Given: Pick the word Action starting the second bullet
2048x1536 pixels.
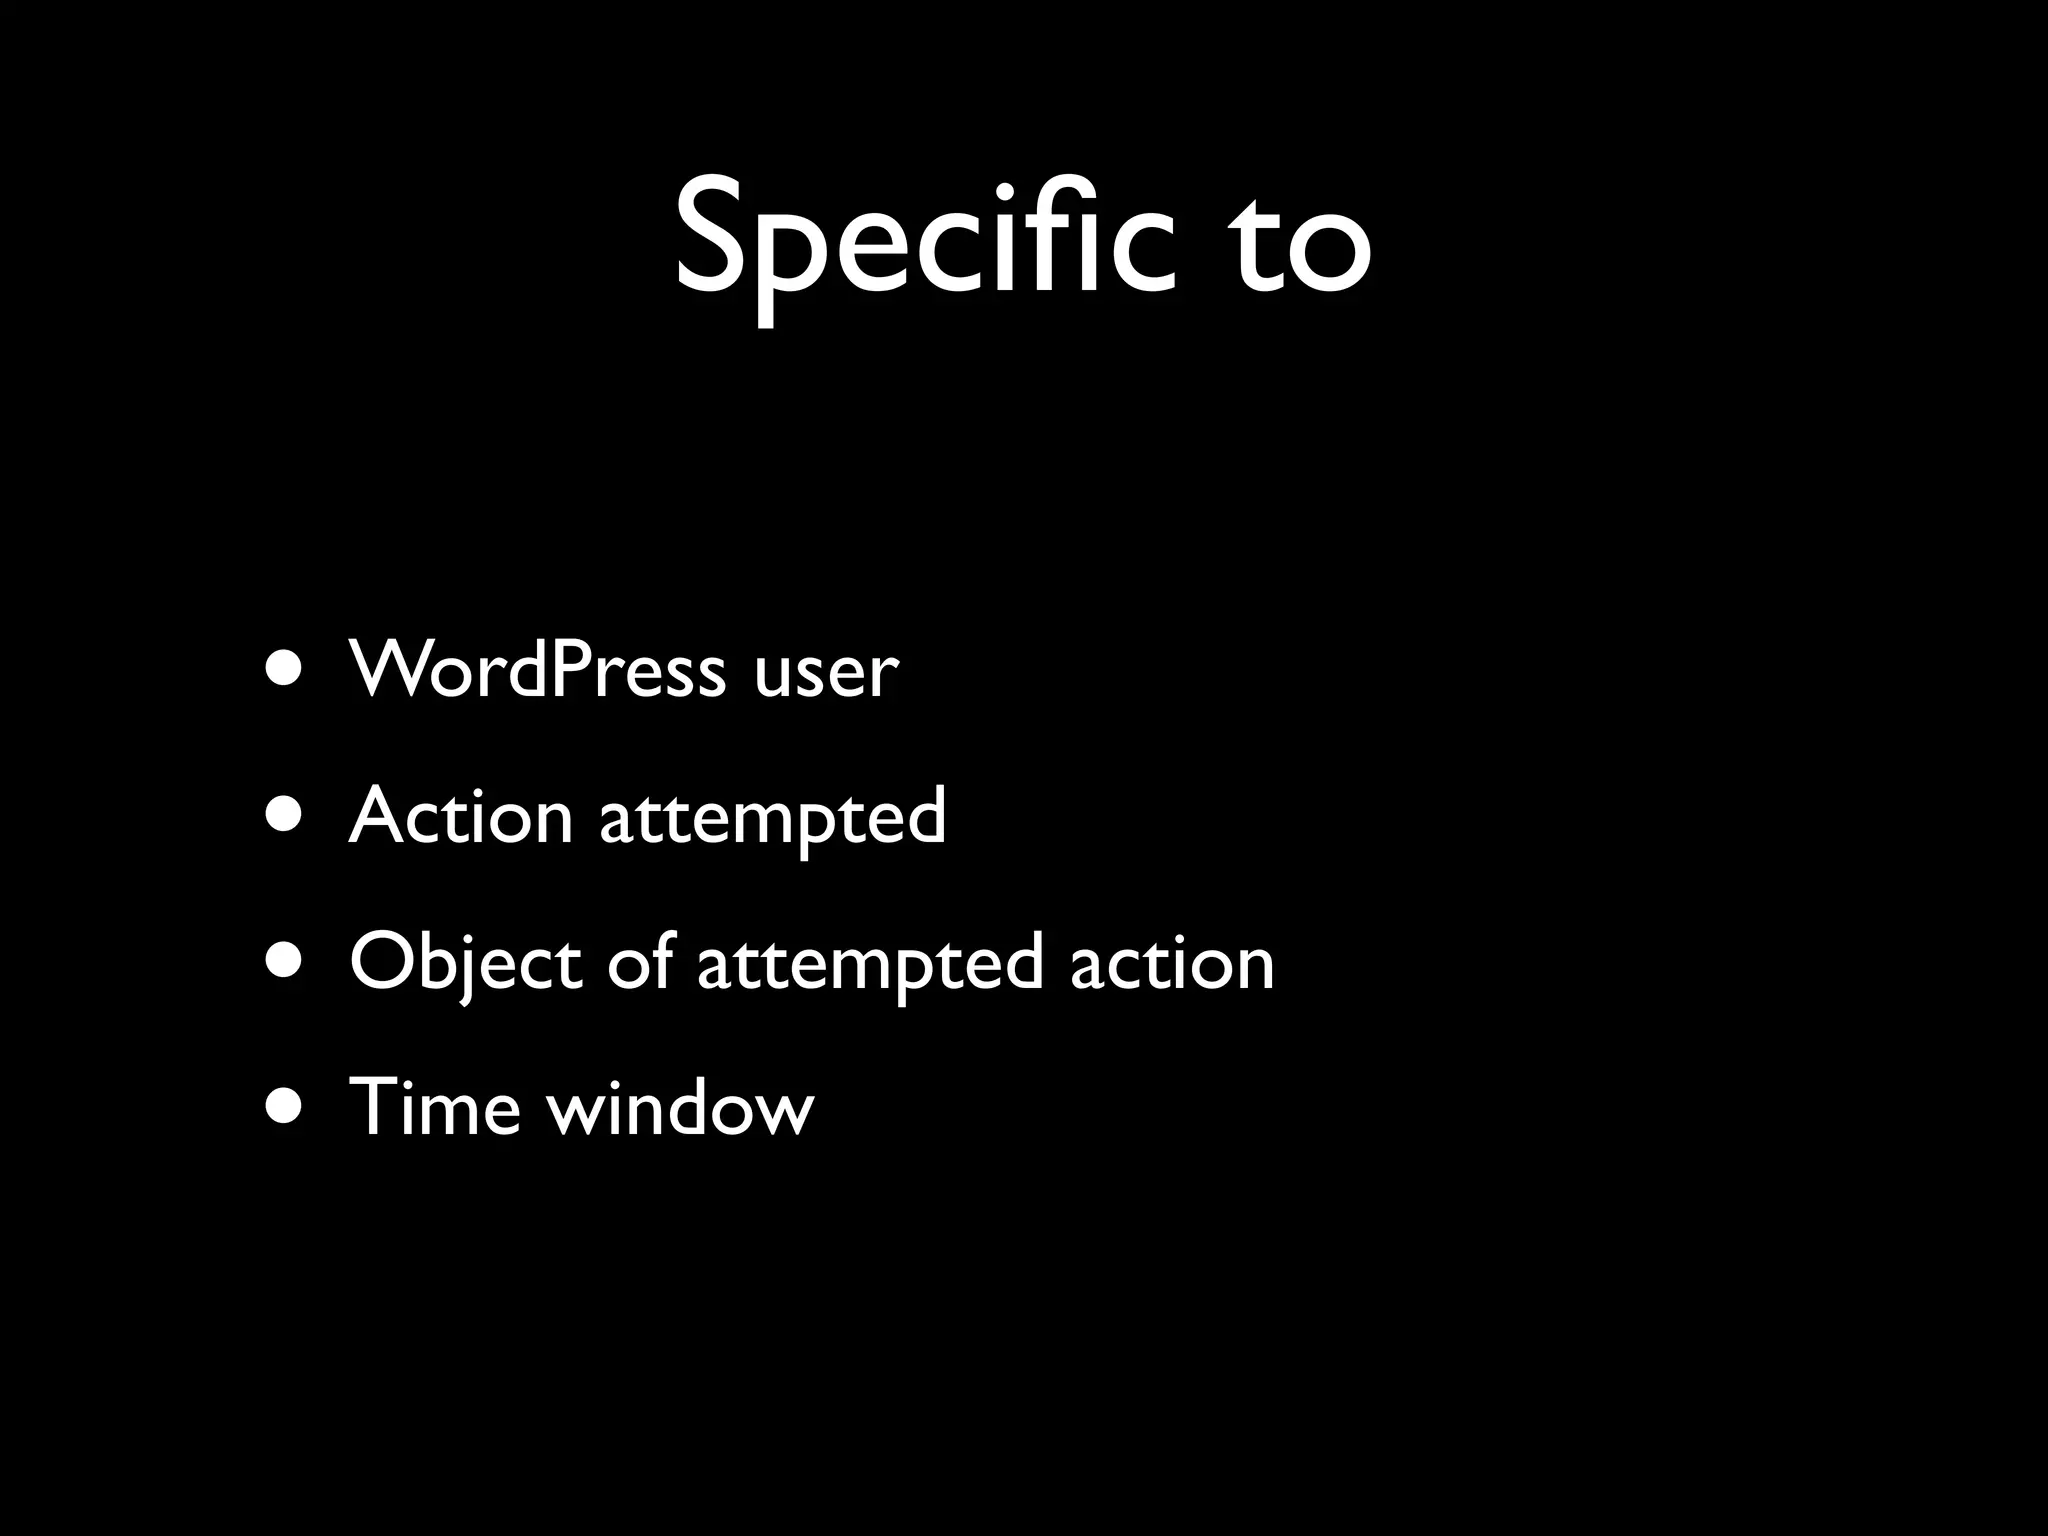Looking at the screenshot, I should pyautogui.click(x=461, y=815).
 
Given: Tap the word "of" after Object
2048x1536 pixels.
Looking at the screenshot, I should pyautogui.click(x=640, y=960).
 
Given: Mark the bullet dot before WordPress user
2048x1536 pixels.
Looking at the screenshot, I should pyautogui.click(x=284, y=669).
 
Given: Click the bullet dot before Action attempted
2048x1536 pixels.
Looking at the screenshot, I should pyautogui.click(x=284, y=815).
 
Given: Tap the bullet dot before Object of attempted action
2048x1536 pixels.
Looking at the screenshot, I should pyautogui.click(x=284, y=961).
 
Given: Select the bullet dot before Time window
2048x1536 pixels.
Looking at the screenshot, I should pyautogui.click(x=284, y=1107).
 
